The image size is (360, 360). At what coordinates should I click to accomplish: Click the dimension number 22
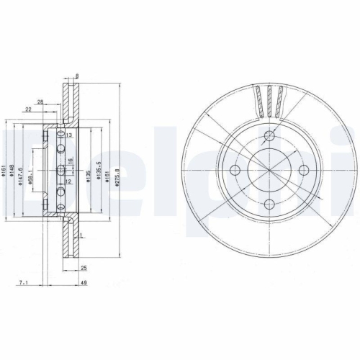(x=27, y=109)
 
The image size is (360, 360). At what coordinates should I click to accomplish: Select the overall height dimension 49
(x=85, y=283)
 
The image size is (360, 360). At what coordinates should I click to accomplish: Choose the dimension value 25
(x=84, y=267)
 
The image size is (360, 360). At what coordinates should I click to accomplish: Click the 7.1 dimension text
(x=25, y=283)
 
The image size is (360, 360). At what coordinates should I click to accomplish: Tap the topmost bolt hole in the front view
(x=269, y=137)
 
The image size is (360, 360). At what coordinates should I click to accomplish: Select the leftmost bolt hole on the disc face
(x=236, y=170)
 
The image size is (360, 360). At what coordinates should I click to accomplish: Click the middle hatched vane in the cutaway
(x=271, y=102)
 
